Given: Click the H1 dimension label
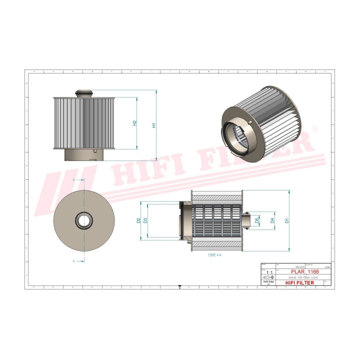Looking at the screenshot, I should point(154,125).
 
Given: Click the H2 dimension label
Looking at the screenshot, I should point(135,123).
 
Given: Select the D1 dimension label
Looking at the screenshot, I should point(286,220).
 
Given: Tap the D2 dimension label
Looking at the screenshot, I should point(138,220).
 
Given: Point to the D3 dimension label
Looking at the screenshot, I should point(145,220).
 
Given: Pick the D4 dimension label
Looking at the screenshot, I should point(272,220).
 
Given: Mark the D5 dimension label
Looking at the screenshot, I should point(257,220).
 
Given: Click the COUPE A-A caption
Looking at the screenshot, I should point(214,255).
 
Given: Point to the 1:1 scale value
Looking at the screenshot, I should point(266,272).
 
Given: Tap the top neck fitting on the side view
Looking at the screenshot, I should point(84,93).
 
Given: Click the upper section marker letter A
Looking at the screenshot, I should point(74,179).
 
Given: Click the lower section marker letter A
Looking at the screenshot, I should point(74,261).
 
